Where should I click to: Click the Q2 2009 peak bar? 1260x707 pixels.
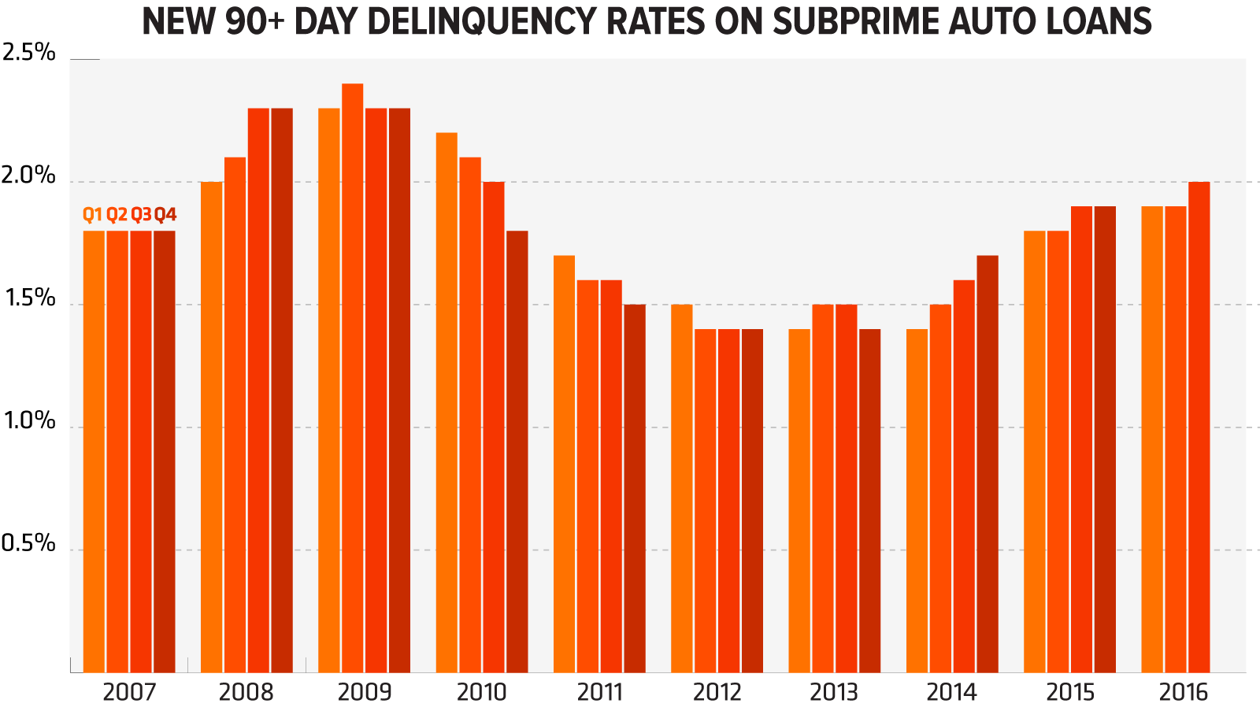click(x=352, y=378)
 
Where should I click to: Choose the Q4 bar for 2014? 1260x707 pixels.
click(x=988, y=464)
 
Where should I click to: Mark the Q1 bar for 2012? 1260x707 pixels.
click(x=682, y=488)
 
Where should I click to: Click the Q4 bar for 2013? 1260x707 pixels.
click(x=869, y=501)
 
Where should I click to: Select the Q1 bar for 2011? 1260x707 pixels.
click(x=564, y=464)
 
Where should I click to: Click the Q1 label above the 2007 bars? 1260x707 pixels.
click(x=92, y=214)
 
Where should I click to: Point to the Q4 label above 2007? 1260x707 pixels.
click(x=165, y=214)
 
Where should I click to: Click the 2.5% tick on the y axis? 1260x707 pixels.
click(x=29, y=53)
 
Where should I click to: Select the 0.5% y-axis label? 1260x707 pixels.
click(x=29, y=543)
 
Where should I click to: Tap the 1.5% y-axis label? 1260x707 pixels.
click(x=29, y=298)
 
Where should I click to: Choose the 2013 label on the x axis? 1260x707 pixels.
click(x=834, y=692)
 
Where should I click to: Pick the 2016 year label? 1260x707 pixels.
click(x=1183, y=692)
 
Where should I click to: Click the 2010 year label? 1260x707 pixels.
click(x=481, y=692)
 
